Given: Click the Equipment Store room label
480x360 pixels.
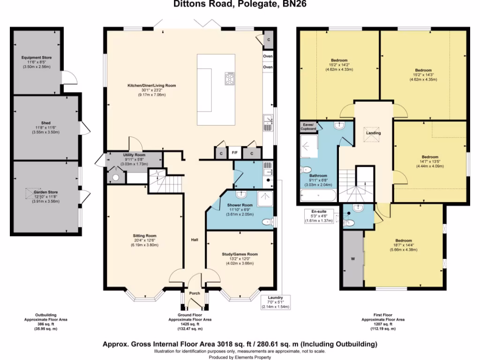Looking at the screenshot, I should click(x=37, y=58).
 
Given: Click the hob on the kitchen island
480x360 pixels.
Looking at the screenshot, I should click(x=230, y=79).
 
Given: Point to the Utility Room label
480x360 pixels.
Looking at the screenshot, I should click(x=134, y=155).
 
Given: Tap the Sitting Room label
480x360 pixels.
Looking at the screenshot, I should click(x=145, y=236).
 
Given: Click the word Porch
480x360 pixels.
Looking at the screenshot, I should click(x=195, y=293).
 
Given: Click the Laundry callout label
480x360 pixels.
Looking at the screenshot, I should click(x=275, y=297).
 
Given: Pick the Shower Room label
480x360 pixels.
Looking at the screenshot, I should click(x=240, y=205).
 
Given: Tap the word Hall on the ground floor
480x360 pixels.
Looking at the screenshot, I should click(x=195, y=240).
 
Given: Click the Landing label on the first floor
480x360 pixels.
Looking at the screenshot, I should click(x=373, y=133).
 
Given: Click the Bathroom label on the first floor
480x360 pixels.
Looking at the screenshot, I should click(x=318, y=175).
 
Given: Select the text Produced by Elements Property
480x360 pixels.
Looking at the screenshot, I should click(x=240, y=357).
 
